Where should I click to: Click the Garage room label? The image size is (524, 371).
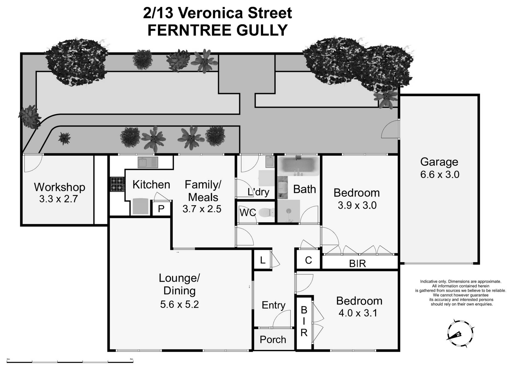pyautogui.click(x=439, y=162)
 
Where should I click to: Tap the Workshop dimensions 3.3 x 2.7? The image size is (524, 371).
pyautogui.click(x=59, y=199)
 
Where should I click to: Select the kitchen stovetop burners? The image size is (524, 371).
pyautogui.click(x=117, y=184)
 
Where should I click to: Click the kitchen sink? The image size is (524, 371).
pyautogui.click(x=148, y=162)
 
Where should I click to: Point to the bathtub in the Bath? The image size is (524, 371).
pyautogui.click(x=298, y=166)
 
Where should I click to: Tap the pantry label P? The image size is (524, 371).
pyautogui.click(x=161, y=209)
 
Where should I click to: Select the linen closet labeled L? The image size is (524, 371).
pyautogui.click(x=263, y=260)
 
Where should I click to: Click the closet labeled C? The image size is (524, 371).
pyautogui.click(x=308, y=260)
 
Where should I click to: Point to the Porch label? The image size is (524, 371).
pyautogui.click(x=273, y=340)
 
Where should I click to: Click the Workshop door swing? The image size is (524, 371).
pyautogui.click(x=33, y=163)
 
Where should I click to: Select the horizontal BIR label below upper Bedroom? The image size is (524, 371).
pyautogui.click(x=357, y=264)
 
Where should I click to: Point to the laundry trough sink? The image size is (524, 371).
pyautogui.click(x=270, y=162)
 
